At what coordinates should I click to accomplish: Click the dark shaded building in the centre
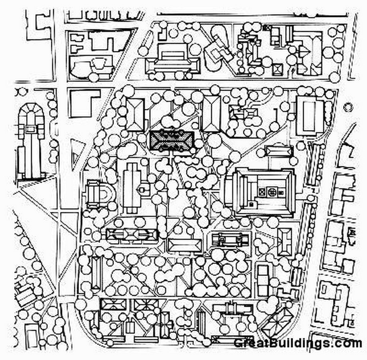click(172, 140)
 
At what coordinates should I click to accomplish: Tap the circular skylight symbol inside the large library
click(272, 192)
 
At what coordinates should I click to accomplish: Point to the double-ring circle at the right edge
click(348, 108)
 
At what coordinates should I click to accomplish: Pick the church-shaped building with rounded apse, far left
click(30, 140)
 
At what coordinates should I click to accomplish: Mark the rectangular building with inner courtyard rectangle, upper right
click(309, 116)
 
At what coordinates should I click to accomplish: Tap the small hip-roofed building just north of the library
click(279, 151)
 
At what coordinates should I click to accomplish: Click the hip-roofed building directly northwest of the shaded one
click(135, 114)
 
